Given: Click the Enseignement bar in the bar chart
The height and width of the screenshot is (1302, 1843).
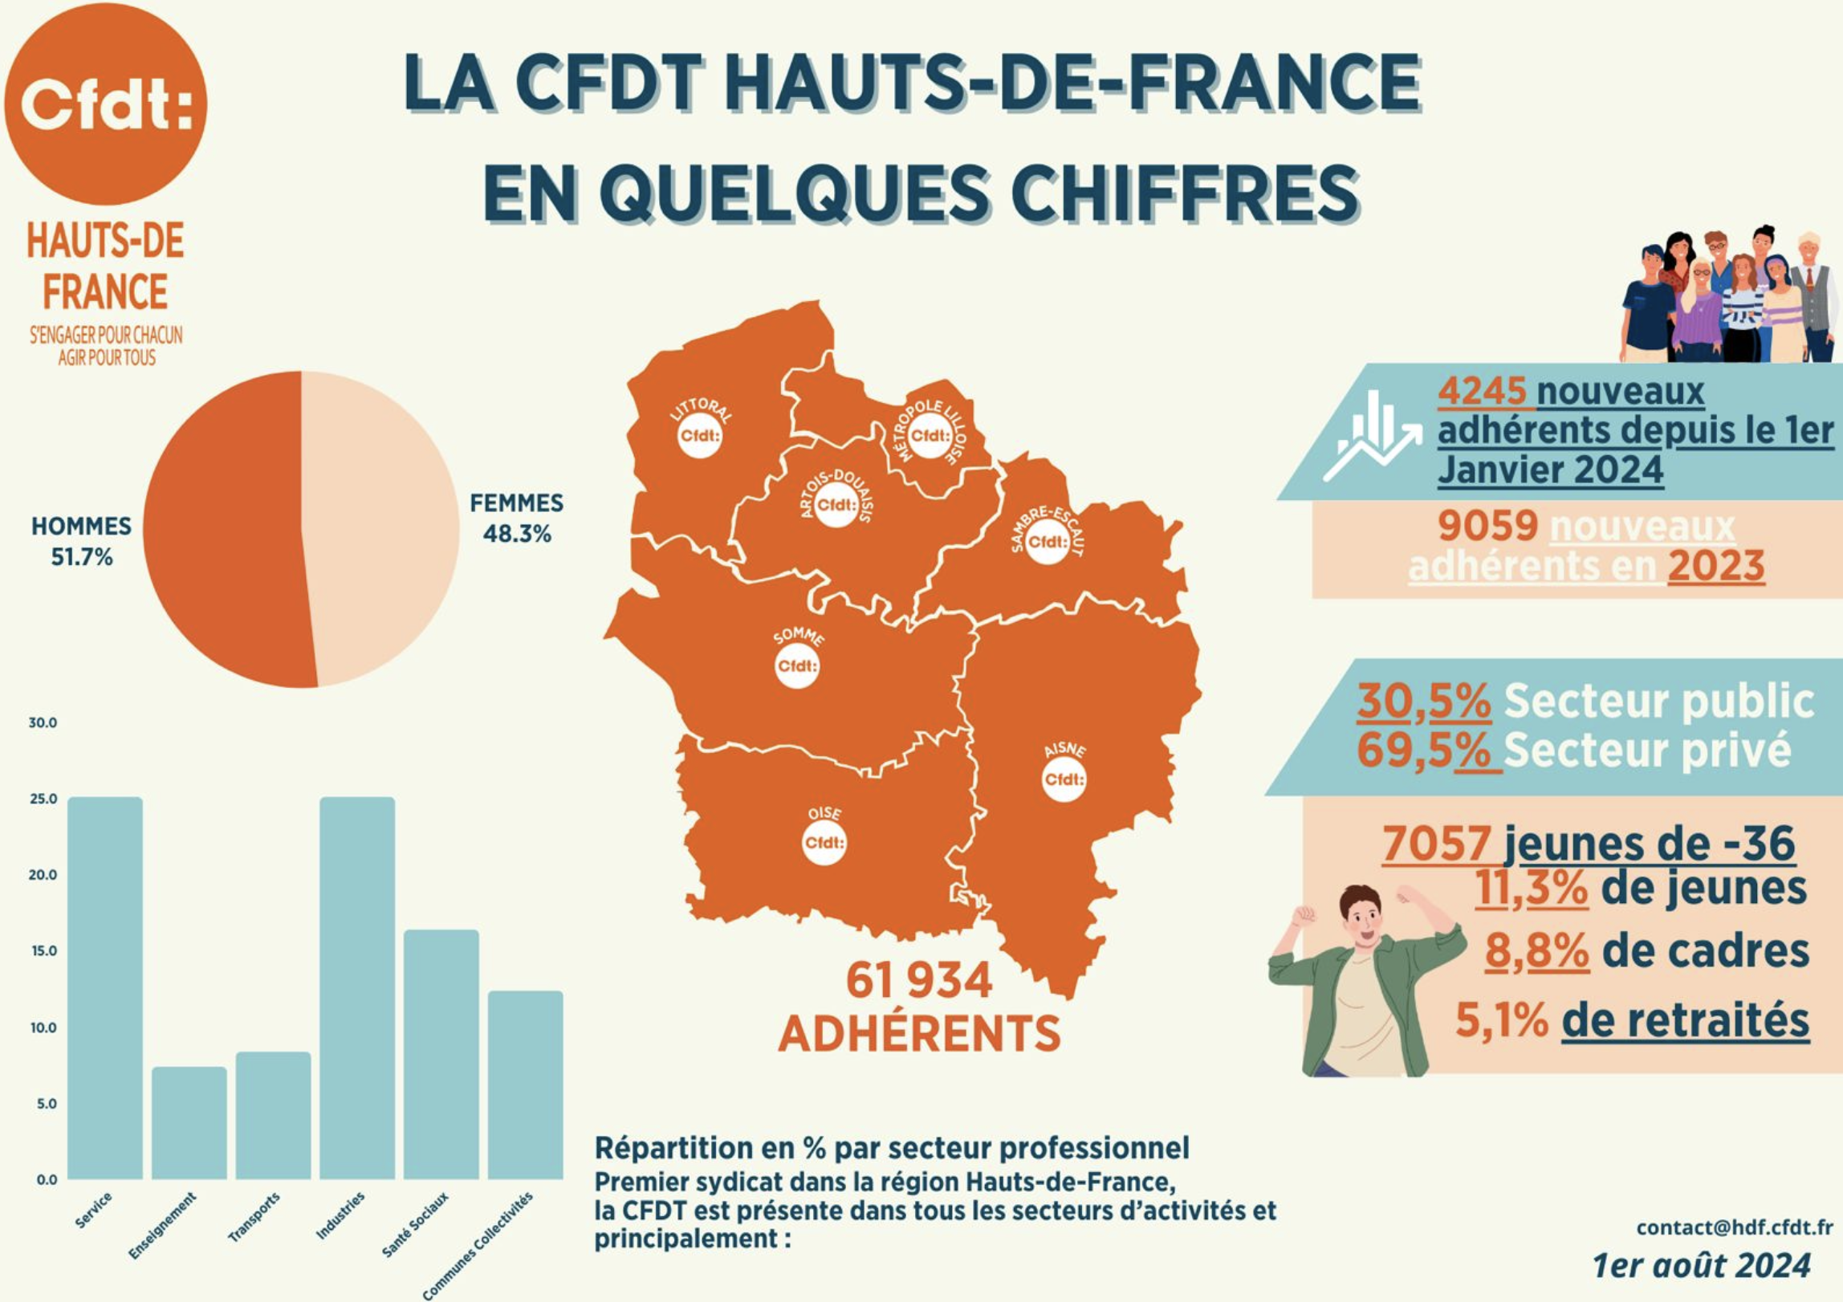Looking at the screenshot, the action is coord(189,1122).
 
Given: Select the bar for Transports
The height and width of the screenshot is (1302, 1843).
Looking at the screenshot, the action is coord(273,1115).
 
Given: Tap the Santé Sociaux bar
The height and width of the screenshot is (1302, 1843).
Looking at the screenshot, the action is coord(441,1054).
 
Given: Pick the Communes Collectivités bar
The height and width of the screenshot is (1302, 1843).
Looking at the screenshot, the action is coord(525,1084).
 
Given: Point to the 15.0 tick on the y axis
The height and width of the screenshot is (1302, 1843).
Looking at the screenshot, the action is coord(43,951).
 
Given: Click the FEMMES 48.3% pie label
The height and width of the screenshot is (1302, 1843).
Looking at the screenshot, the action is coord(516,519).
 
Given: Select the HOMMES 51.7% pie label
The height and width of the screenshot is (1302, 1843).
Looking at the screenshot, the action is coord(81,541).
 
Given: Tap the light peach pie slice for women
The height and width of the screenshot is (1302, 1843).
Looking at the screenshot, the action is coord(377,526).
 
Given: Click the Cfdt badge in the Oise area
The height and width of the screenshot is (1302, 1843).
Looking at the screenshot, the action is coord(824,843).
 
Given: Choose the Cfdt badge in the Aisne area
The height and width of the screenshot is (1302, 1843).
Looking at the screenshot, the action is coord(1064,779).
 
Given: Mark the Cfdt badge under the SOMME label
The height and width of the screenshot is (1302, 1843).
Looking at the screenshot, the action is coord(797,665).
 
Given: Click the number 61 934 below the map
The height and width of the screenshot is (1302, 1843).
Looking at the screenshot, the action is coord(919,981).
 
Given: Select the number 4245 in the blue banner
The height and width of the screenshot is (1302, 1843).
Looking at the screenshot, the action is coord(1481,392).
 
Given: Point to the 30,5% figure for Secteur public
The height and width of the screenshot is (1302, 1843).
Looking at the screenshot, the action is coord(1424,701).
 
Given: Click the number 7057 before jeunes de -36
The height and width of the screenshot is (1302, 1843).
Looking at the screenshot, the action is coord(1437,844).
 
